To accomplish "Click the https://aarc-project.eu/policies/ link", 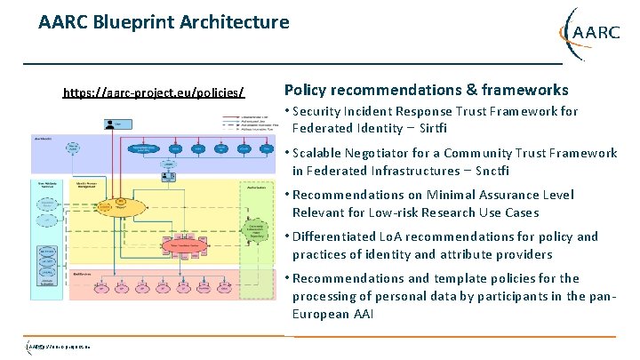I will [153, 93].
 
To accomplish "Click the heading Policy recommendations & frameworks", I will [426, 90].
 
